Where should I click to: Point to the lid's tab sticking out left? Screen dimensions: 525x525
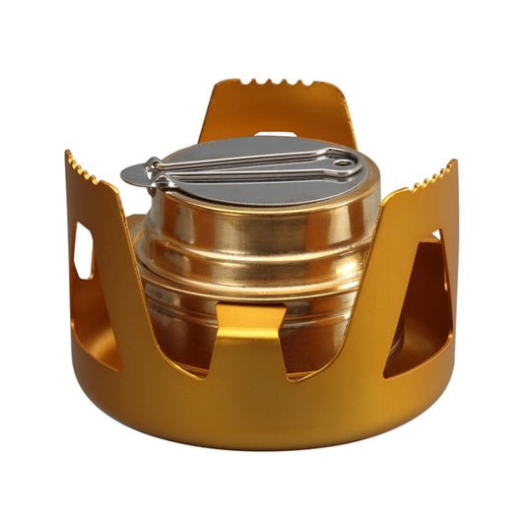135,177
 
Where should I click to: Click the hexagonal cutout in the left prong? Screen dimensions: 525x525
84,250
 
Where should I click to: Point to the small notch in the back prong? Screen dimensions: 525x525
276,132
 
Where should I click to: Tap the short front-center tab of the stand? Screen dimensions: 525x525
250,340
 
